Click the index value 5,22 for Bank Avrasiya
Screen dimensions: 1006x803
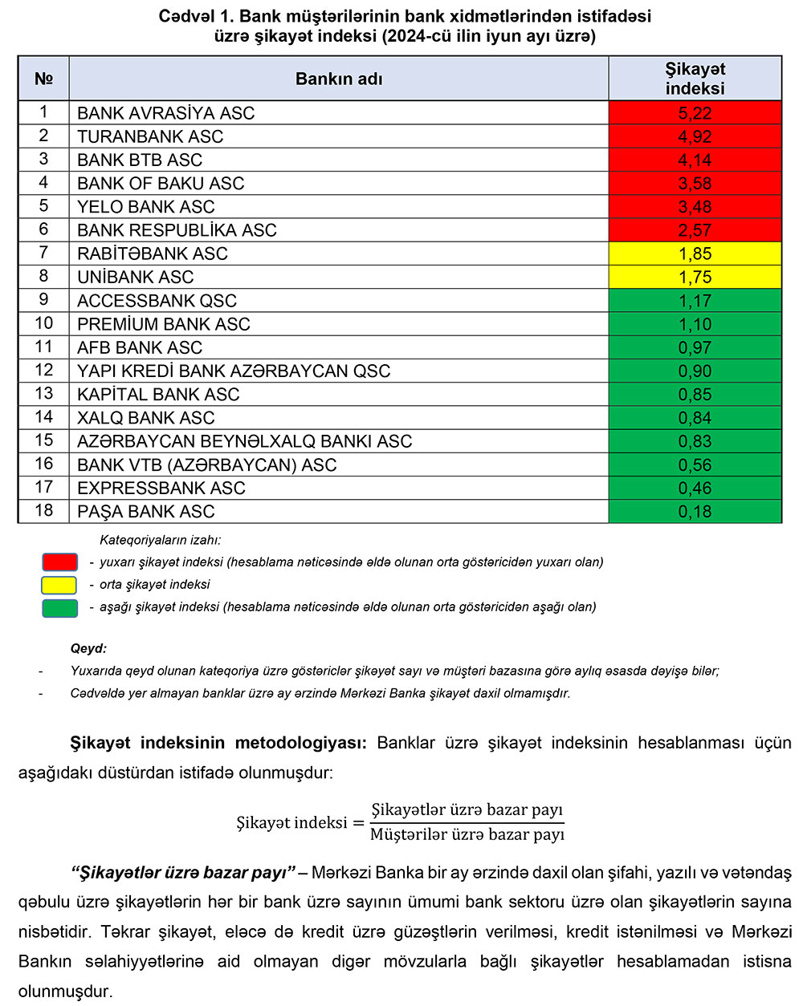coord(695,113)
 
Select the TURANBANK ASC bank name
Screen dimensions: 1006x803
coord(150,136)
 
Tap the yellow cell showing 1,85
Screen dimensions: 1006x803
coord(695,254)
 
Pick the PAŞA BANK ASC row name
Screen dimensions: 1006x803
coord(146,511)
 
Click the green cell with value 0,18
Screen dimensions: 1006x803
coord(695,511)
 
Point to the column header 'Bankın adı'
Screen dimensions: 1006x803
coord(339,79)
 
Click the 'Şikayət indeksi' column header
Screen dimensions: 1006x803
coord(695,79)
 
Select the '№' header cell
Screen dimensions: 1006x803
coord(43,79)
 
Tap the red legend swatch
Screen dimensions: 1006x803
coord(59,562)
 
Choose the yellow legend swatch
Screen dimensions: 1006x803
coord(59,585)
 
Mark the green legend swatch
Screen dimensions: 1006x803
coord(59,607)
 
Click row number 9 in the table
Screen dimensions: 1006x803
coord(43,300)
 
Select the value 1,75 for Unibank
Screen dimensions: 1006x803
coord(695,277)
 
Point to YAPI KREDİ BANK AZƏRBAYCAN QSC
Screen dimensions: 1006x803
coord(234,371)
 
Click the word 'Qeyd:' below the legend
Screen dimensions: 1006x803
coord(88,648)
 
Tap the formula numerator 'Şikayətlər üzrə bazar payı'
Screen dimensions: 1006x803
coord(467,809)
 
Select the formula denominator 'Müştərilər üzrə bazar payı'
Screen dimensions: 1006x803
coord(467,835)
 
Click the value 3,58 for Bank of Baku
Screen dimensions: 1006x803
coord(695,183)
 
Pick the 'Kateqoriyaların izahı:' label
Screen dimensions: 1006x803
coord(160,540)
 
